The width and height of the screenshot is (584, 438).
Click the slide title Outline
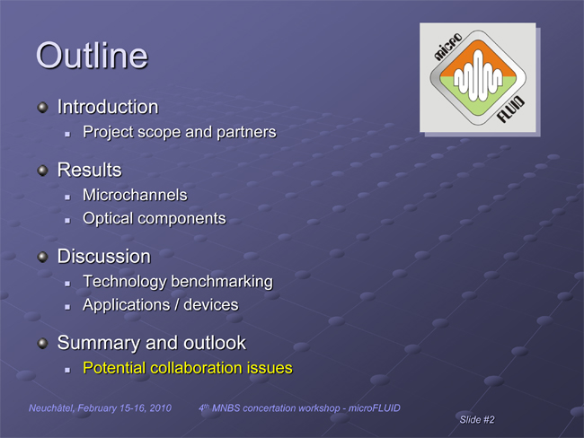92,56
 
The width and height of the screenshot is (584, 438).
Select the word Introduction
108,107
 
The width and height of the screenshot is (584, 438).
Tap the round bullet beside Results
43,171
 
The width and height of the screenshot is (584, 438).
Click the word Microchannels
135,195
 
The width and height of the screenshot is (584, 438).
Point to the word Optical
109,219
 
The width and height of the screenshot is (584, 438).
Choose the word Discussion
104,257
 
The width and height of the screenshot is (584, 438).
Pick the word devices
211,305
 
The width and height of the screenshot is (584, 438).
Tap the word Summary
99,343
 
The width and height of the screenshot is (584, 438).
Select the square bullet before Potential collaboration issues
67,370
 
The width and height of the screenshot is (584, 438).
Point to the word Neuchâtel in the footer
51,408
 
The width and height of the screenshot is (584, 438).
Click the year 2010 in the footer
161,408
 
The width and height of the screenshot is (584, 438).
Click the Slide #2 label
477,420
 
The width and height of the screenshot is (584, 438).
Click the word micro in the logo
448,47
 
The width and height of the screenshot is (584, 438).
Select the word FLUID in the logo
511,109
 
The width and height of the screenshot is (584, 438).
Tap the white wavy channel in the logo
478,76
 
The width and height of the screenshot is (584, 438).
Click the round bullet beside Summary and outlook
43,344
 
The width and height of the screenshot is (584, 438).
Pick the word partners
246,133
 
